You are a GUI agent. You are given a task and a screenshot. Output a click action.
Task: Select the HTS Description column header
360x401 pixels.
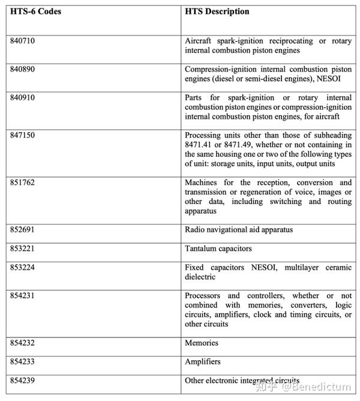tap(217, 11)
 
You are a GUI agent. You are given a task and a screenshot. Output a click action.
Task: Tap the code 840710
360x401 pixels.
tap(22, 41)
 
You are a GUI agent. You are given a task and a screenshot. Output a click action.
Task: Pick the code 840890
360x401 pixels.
tap(22, 69)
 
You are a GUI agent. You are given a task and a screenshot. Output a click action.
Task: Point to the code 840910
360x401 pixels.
tap(22, 97)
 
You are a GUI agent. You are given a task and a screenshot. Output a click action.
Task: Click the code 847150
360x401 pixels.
tap(22, 135)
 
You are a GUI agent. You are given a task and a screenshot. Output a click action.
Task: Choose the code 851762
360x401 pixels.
tap(22, 182)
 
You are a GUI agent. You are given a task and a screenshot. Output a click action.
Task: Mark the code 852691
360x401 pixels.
tap(22, 229)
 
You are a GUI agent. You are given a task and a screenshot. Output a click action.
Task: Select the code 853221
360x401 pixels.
tap(22, 249)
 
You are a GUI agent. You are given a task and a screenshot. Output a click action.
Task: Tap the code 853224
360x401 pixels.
tap(22, 267)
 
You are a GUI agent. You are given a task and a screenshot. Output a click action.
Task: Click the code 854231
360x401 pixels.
tap(22, 295)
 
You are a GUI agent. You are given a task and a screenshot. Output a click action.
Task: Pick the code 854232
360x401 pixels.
tap(22, 343)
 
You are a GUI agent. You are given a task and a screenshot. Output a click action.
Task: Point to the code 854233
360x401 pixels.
tap(22, 361)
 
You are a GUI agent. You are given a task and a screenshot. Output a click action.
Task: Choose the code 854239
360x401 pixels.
tap(22, 381)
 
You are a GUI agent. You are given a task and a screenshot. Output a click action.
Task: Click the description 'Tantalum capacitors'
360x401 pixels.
tap(218, 249)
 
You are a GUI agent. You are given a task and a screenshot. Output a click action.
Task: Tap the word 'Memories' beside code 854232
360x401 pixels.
tap(202, 343)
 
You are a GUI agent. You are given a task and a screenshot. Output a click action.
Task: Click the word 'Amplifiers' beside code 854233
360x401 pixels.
tap(203, 361)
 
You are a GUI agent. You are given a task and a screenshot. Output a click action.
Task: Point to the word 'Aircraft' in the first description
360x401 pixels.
tap(199, 41)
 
